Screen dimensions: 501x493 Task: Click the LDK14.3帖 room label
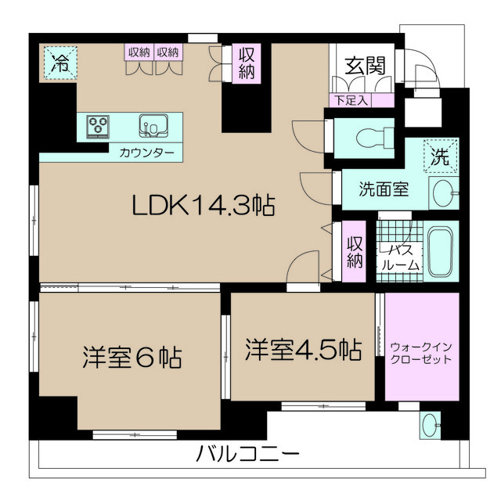pos(204,206)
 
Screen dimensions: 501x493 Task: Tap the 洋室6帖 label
pos(132,357)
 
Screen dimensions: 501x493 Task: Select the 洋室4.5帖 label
pos(304,350)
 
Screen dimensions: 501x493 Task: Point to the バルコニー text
pos(247,454)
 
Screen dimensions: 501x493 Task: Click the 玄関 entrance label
pos(366,66)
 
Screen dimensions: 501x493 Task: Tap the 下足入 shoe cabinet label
pos(351,101)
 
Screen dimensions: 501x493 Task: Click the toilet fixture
pos(375,138)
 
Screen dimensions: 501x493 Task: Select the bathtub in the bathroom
pos(440,252)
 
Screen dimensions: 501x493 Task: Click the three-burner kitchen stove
pos(98,127)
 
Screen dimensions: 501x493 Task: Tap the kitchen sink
pos(153,126)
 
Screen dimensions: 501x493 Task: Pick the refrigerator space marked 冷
pos(60,63)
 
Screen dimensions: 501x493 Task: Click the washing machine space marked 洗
pos(442,157)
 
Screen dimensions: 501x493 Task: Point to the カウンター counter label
pos(146,153)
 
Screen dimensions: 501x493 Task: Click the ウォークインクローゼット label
pos(421,353)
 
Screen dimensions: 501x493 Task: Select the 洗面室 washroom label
pos(384,189)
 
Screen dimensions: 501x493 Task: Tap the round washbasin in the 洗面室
pos(443,193)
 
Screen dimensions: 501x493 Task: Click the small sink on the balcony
pos(430,425)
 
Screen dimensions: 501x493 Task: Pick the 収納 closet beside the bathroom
pos(354,252)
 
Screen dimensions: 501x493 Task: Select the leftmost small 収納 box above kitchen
pos(139,52)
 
